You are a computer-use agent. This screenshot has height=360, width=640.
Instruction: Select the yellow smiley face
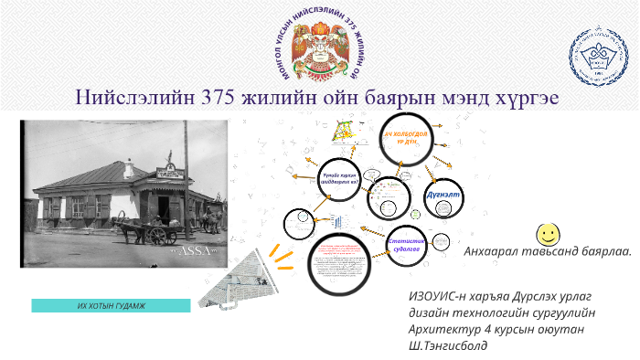[x=549, y=232]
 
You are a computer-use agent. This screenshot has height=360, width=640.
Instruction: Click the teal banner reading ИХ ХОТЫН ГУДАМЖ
[x=111, y=305]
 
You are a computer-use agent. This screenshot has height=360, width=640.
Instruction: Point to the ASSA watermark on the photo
[x=195, y=249]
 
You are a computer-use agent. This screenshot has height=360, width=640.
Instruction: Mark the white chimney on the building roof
[x=129, y=167]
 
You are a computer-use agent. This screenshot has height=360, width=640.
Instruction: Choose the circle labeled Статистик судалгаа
[x=403, y=244]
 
